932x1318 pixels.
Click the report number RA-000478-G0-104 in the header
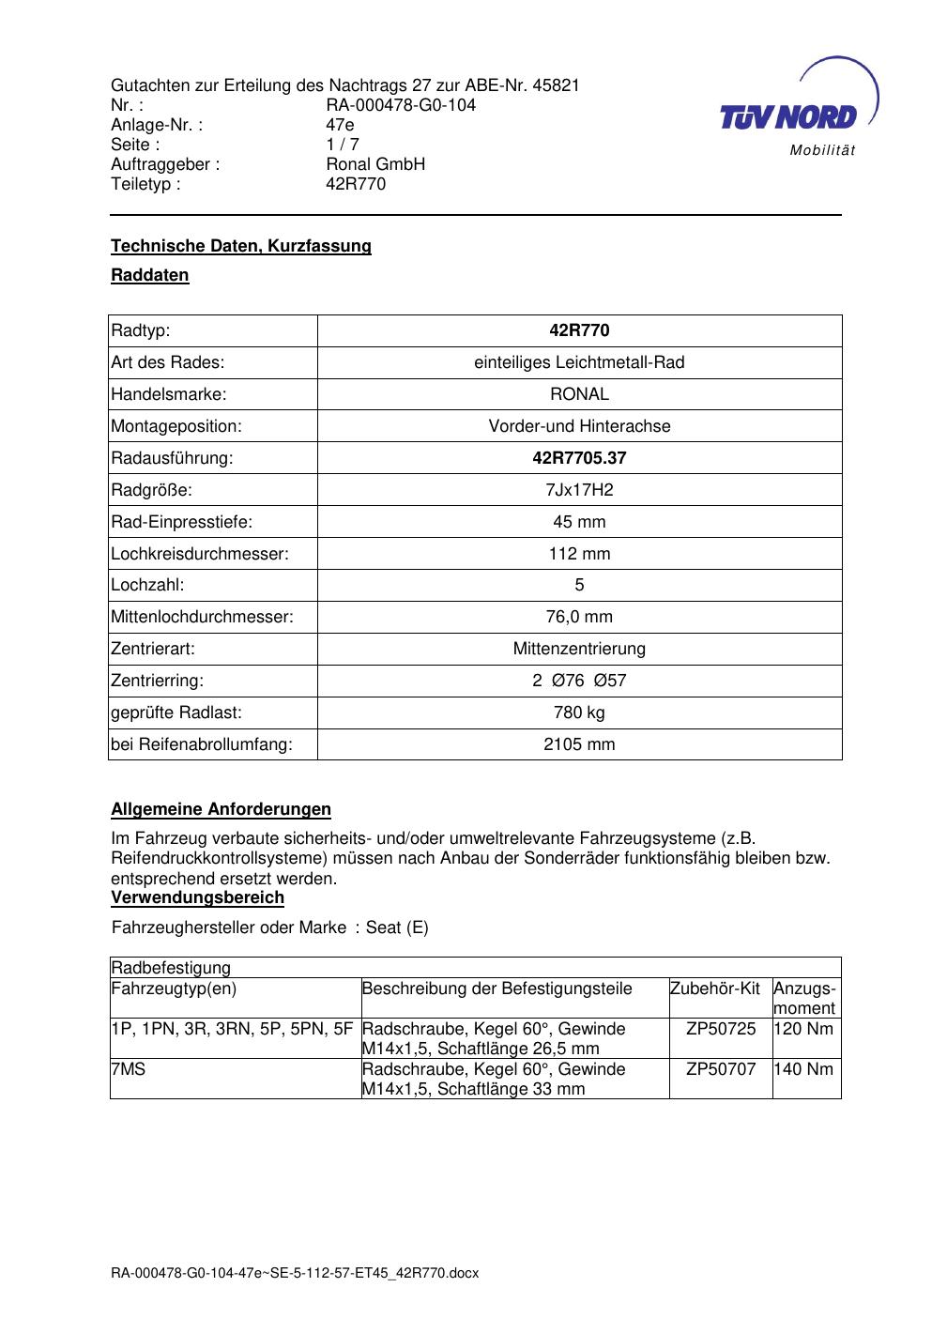[x=401, y=105]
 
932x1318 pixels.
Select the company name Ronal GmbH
[x=375, y=164]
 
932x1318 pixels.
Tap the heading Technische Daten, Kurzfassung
[x=241, y=246]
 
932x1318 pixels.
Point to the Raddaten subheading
[x=150, y=275]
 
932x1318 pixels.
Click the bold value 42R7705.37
[x=579, y=458]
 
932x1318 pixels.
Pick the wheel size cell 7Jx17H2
[x=579, y=490]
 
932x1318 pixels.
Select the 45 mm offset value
[x=579, y=522]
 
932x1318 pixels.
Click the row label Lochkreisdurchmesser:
[x=200, y=554]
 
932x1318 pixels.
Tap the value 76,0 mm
[x=579, y=617]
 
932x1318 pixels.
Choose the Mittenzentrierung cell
[x=579, y=649]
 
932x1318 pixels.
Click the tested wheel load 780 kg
[x=579, y=713]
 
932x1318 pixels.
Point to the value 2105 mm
[x=579, y=744]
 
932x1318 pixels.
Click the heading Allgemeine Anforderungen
[x=221, y=809]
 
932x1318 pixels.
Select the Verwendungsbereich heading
[x=197, y=897]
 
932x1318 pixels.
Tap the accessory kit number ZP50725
[x=721, y=1029]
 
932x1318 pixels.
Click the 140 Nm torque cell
[x=805, y=1069]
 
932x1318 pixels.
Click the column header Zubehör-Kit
[x=715, y=988]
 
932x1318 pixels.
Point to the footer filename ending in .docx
[x=295, y=1273]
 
